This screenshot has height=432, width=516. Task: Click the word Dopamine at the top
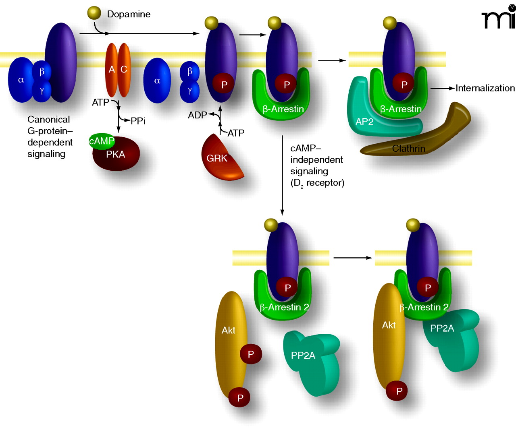(129, 14)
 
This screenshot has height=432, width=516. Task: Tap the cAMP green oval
(102, 141)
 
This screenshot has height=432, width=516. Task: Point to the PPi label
(138, 121)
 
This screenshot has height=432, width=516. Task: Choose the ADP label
(197, 116)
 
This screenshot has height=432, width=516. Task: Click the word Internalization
(485, 88)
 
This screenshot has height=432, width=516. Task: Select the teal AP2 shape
(363, 117)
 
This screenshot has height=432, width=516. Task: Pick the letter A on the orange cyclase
(112, 70)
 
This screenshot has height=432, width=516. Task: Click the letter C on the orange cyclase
(124, 70)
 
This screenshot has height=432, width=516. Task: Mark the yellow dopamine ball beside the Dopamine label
(94, 13)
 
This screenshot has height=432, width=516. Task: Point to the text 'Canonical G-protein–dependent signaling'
(50, 136)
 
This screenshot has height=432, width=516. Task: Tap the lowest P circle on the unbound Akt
(240, 398)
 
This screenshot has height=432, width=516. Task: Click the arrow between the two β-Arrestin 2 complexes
(352, 258)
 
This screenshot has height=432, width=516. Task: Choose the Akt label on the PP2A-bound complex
(389, 325)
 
